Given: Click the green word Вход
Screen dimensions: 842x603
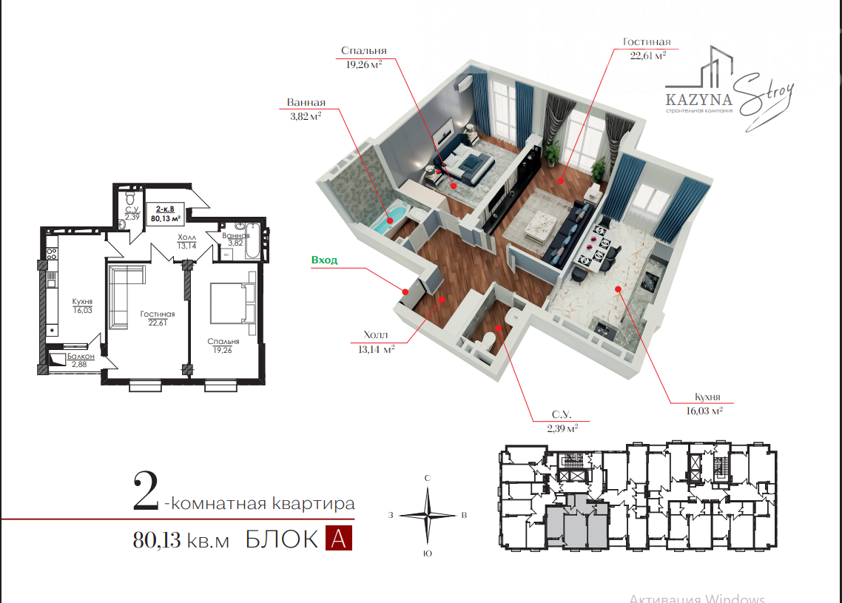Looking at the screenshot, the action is point(324,260).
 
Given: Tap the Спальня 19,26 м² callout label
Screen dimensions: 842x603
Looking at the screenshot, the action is point(363,58).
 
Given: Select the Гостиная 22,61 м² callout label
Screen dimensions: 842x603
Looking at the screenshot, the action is point(647,48).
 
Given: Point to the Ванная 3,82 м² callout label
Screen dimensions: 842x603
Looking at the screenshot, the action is point(306,109).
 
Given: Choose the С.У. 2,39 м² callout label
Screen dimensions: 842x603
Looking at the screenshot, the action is point(562,422).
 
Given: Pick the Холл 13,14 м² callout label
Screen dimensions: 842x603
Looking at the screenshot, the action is point(376,342).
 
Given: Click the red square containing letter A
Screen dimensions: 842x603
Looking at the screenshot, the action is point(338,539).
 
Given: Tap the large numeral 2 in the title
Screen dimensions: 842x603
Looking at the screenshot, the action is point(146,491).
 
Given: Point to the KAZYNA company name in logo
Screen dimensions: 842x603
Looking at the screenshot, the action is point(698,100).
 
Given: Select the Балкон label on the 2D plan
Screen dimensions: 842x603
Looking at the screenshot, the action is point(81,356).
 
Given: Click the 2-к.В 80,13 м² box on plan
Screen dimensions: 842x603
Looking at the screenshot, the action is point(165,214).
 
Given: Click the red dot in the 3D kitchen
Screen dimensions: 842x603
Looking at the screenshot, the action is point(618,289).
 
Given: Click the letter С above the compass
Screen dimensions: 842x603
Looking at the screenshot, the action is point(428,478).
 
